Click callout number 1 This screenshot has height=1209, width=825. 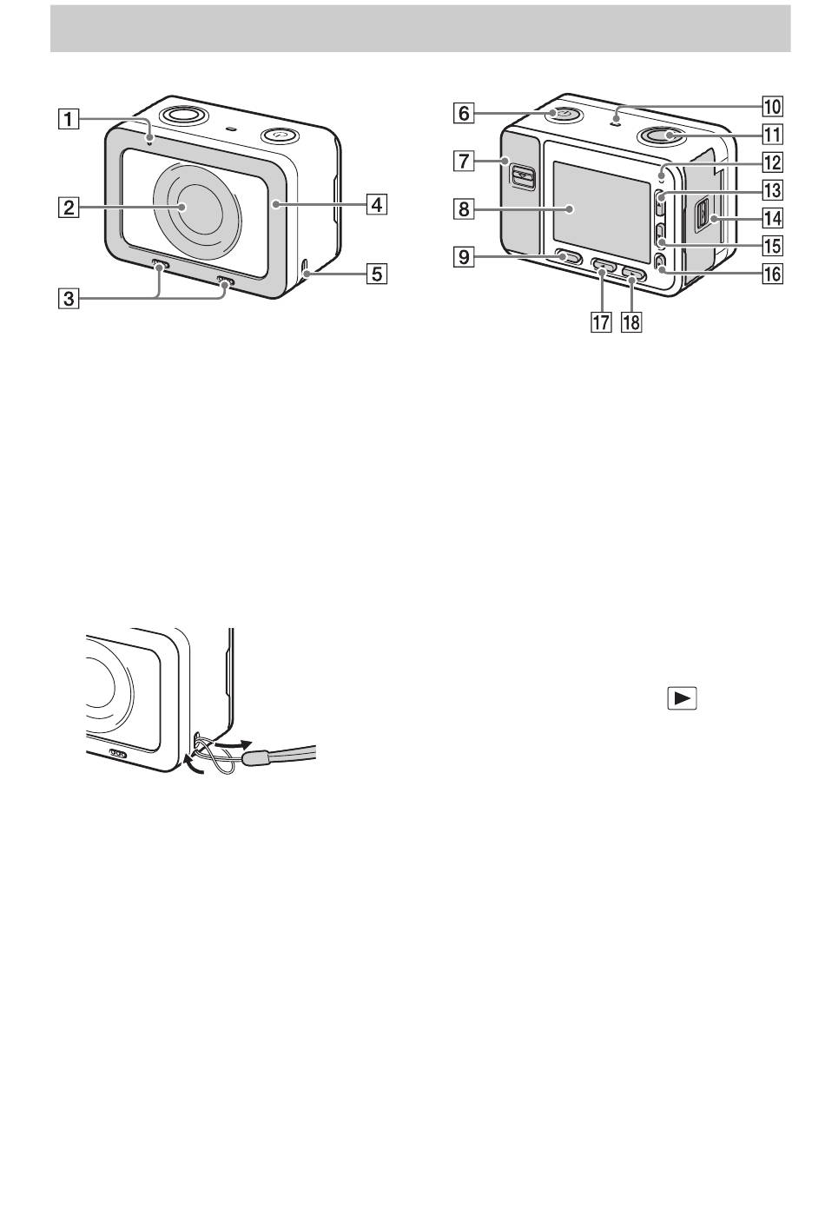click(69, 117)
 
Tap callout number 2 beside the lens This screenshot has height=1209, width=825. click(69, 208)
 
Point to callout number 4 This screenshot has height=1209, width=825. click(375, 205)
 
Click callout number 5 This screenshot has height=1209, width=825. click(375, 274)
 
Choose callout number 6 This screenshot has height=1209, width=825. click(463, 113)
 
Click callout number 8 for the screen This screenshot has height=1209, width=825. click(463, 208)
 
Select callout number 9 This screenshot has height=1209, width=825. click(463, 257)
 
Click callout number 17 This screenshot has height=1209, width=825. click(597, 322)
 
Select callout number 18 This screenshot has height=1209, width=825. click(630, 322)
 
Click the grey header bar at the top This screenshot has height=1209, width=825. click(420, 29)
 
